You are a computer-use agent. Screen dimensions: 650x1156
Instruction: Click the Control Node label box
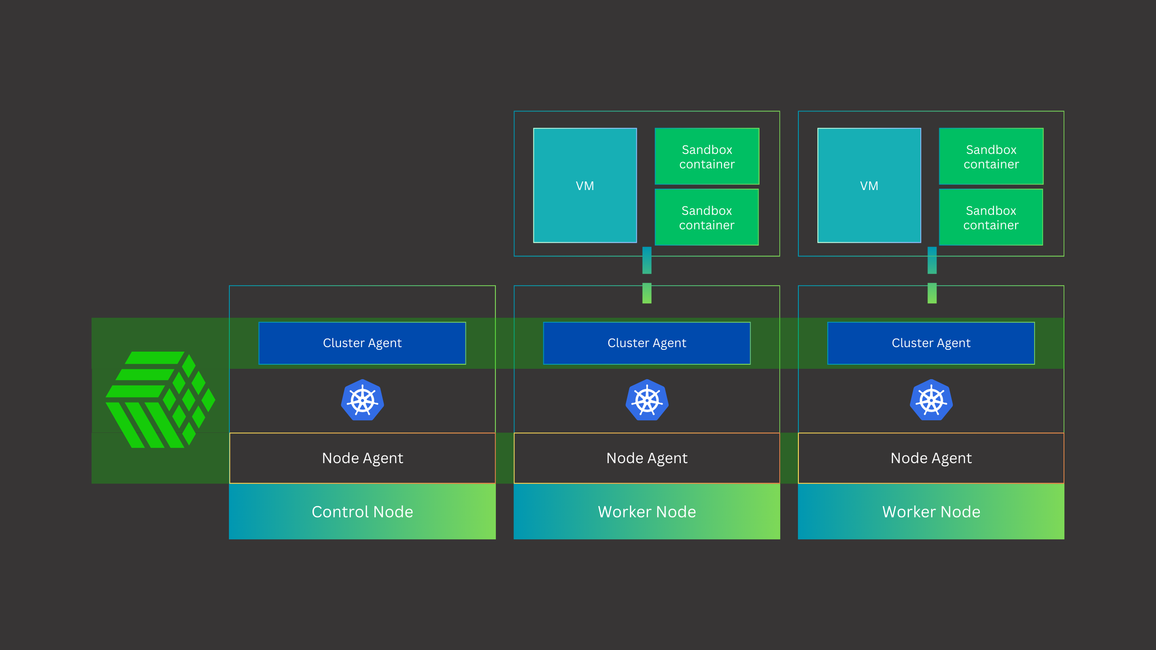point(362,511)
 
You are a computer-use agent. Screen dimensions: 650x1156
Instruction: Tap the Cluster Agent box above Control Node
point(362,343)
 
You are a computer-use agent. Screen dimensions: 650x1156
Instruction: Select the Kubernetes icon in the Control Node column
point(362,400)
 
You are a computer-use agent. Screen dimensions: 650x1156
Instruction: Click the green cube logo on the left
point(160,399)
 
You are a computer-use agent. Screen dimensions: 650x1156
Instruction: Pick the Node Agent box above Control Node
point(362,458)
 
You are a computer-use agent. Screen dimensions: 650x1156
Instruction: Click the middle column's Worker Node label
point(647,511)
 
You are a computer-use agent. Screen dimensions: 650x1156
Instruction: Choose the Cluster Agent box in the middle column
point(647,343)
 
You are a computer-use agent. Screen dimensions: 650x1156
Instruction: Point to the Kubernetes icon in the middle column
point(647,400)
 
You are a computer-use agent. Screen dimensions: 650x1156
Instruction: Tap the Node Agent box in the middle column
point(647,458)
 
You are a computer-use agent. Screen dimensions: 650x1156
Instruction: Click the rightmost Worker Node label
point(931,511)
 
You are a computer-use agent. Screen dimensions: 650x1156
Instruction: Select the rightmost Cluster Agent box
point(931,343)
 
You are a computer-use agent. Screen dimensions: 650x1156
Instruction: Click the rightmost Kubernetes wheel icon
point(931,400)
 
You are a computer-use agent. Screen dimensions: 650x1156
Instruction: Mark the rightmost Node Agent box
point(931,458)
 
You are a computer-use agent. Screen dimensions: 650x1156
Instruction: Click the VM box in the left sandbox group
point(585,186)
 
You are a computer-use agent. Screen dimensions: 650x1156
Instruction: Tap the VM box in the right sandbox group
point(869,186)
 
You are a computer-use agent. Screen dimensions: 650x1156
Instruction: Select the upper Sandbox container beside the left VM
point(707,156)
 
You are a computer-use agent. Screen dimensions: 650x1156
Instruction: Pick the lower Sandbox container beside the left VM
point(707,217)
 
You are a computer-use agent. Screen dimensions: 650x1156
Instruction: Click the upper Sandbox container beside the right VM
point(991,156)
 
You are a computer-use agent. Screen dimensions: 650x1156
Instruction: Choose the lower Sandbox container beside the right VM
point(991,217)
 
